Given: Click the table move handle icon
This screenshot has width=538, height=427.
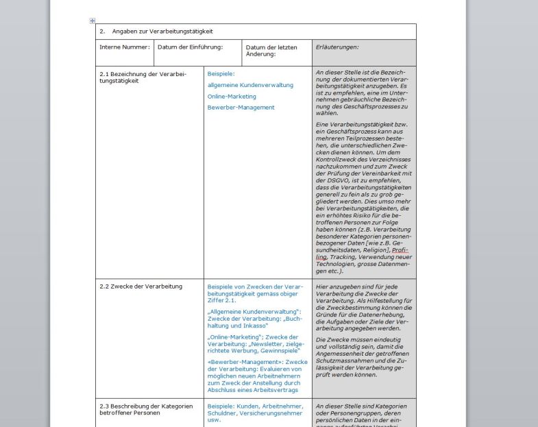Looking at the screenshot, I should pos(93,21).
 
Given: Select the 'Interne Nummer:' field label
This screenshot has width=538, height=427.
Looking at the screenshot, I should pos(124,47).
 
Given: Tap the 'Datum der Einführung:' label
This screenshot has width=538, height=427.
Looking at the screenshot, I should pos(190,47).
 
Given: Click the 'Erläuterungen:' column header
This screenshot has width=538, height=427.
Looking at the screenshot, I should pos(337,47).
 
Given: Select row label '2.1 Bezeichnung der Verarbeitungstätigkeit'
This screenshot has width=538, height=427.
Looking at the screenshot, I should pos(143,77).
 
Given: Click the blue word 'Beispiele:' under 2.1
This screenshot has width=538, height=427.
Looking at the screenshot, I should pos(221,73).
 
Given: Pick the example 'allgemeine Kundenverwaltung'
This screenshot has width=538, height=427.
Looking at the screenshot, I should pos(250,85).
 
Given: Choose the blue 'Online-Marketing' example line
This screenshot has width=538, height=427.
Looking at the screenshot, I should pos(232,97).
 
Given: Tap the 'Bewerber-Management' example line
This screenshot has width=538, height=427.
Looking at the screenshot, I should pos(241,108).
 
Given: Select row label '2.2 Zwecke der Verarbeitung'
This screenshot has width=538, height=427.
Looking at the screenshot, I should pos(141,286).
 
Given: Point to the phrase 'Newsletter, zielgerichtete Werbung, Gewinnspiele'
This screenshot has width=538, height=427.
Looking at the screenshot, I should pos(254,347).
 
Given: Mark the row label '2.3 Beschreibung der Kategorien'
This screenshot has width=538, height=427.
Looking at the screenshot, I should pos(146,406).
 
